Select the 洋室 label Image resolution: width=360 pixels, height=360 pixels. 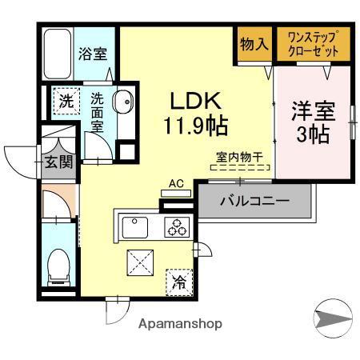pyautogui.click(x=310, y=110)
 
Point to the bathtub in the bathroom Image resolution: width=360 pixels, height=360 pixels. pyautogui.click(x=56, y=54)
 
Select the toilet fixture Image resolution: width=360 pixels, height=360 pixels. pyautogui.click(x=59, y=265)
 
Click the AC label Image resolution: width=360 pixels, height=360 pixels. pyautogui.click(x=177, y=184)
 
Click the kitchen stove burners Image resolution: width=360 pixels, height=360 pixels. pyautogui.click(x=178, y=227)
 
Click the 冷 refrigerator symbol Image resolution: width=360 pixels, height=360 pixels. pyautogui.click(x=180, y=282)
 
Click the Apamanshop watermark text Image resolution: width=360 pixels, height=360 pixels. pyautogui.click(x=180, y=324)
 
